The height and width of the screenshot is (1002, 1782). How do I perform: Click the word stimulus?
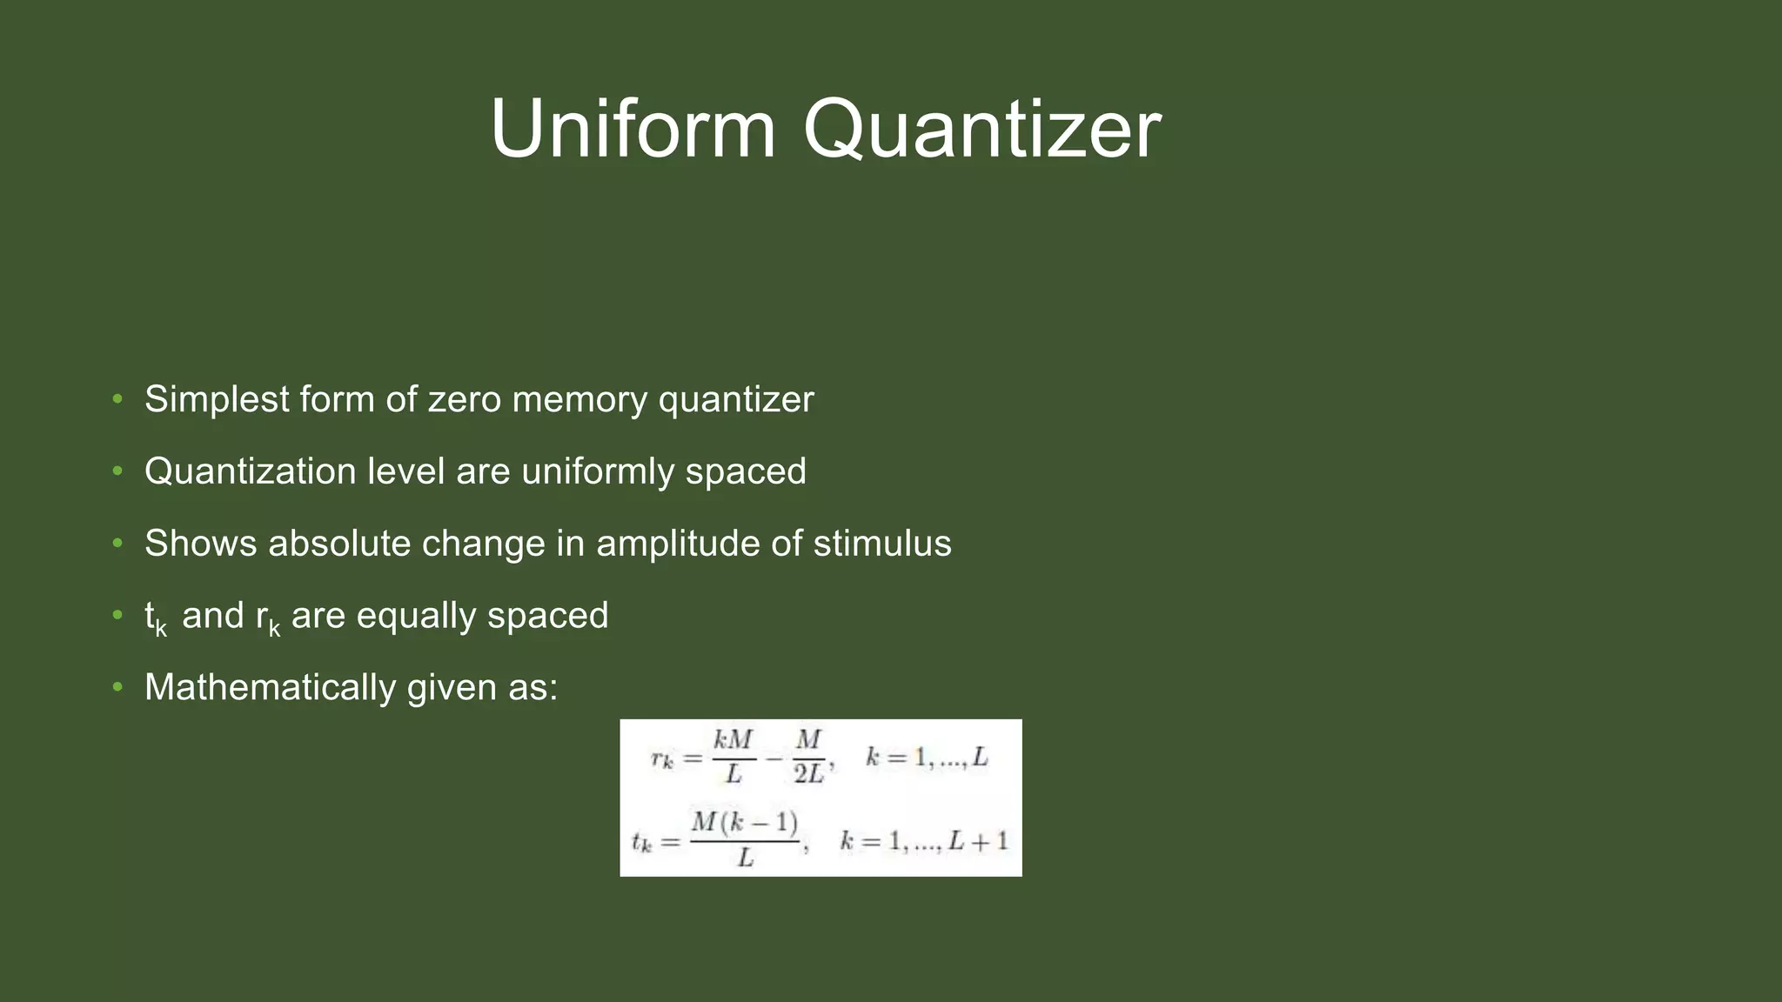click(x=882, y=544)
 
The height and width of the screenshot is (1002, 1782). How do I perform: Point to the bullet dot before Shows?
click(x=117, y=544)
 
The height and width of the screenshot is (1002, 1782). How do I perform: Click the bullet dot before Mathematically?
click(x=117, y=688)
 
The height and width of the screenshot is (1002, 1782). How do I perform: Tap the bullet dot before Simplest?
click(x=117, y=400)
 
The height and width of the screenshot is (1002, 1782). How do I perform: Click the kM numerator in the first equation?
click(x=733, y=740)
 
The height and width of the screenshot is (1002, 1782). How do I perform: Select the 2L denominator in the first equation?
click(x=807, y=773)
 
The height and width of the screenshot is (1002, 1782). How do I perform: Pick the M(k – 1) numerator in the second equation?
click(x=745, y=822)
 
